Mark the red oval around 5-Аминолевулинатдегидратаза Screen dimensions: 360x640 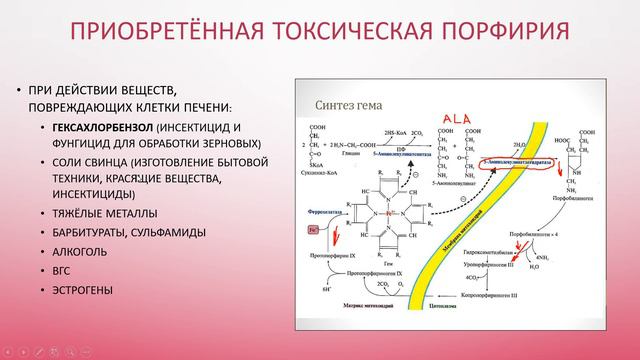(520, 160)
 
